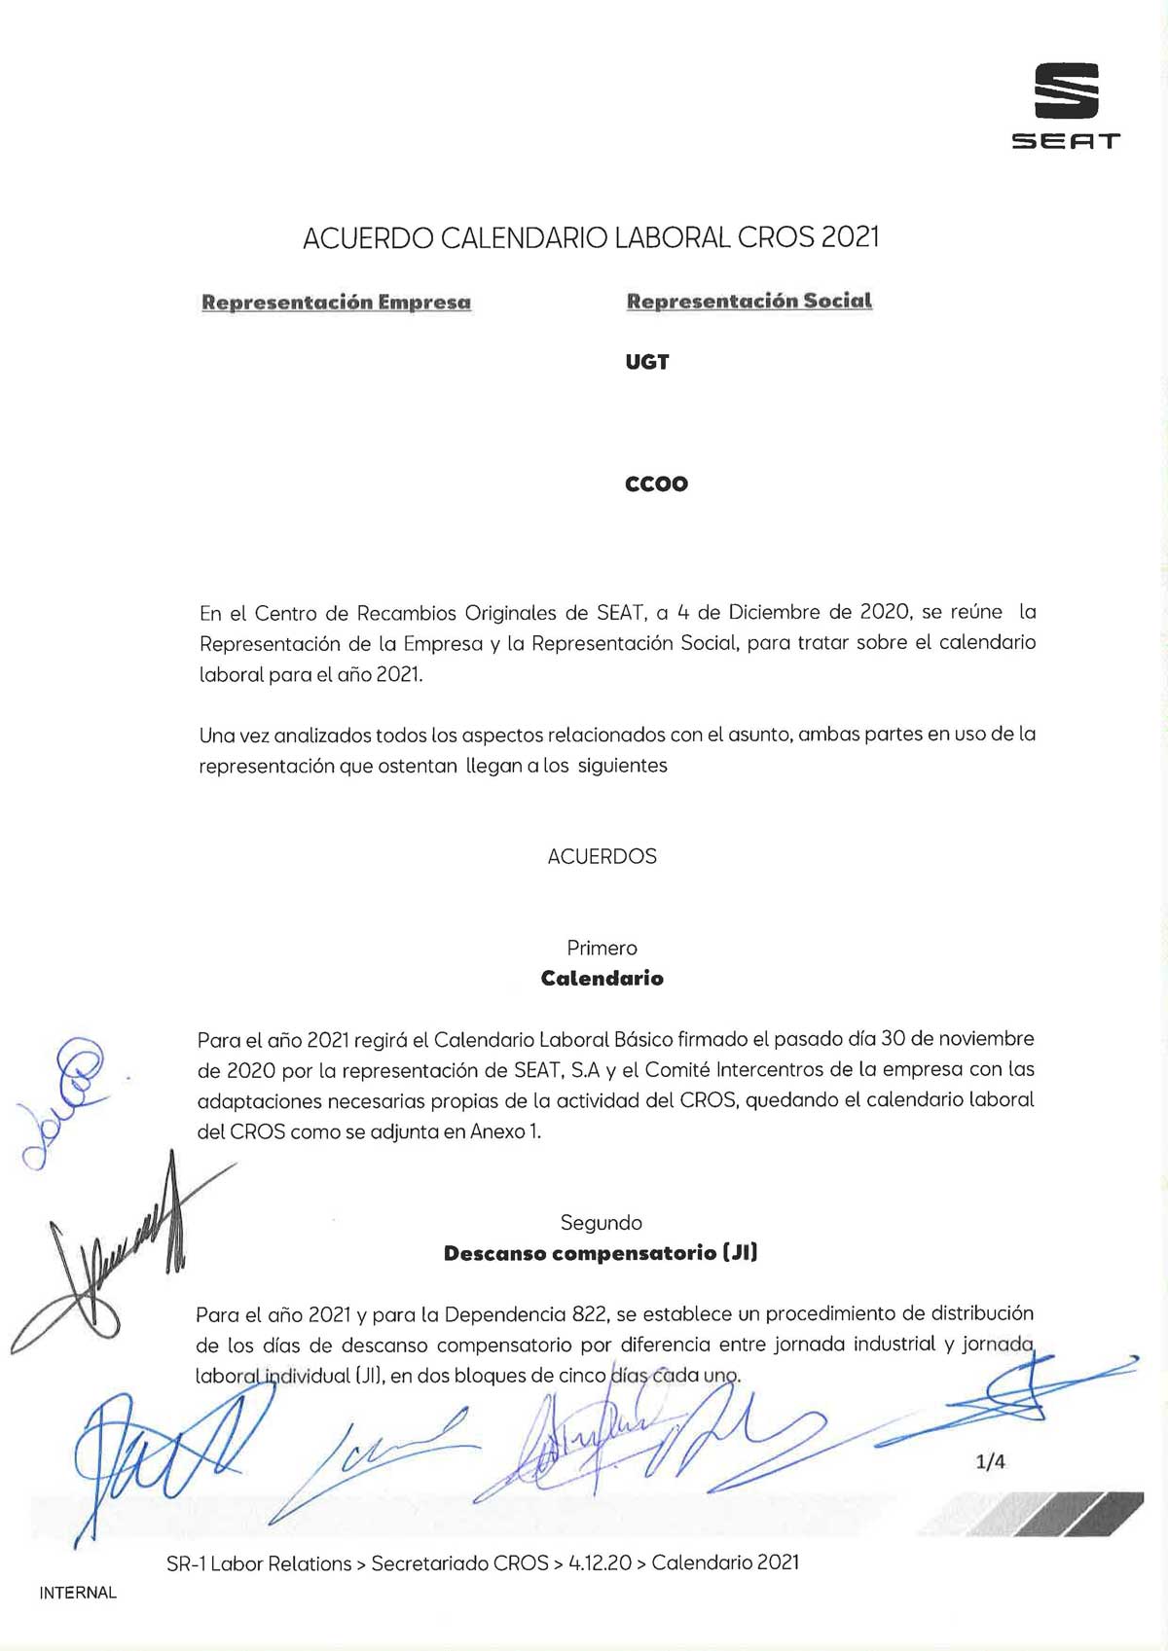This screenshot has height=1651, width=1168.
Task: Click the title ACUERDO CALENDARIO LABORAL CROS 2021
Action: [x=591, y=238]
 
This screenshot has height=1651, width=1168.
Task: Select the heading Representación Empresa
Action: [x=336, y=303]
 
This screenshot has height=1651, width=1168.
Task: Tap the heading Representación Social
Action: [x=748, y=302]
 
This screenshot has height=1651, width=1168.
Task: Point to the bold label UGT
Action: [x=647, y=362]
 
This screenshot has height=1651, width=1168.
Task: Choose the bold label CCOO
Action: [x=656, y=484]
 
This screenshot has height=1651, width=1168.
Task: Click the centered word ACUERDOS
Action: [x=602, y=856]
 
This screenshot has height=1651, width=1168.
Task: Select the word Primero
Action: [x=602, y=948]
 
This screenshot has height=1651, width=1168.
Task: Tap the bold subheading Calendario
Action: [x=602, y=979]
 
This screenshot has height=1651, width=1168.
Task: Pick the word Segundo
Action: [x=601, y=1223]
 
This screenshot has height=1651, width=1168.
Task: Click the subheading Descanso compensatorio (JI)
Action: [x=600, y=1253]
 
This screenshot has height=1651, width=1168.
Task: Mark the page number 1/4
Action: [x=990, y=1461]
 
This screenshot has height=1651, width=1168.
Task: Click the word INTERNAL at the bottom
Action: [x=78, y=1593]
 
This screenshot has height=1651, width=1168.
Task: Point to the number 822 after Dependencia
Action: [x=589, y=1314]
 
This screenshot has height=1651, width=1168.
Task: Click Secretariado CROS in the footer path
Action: [x=459, y=1563]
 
